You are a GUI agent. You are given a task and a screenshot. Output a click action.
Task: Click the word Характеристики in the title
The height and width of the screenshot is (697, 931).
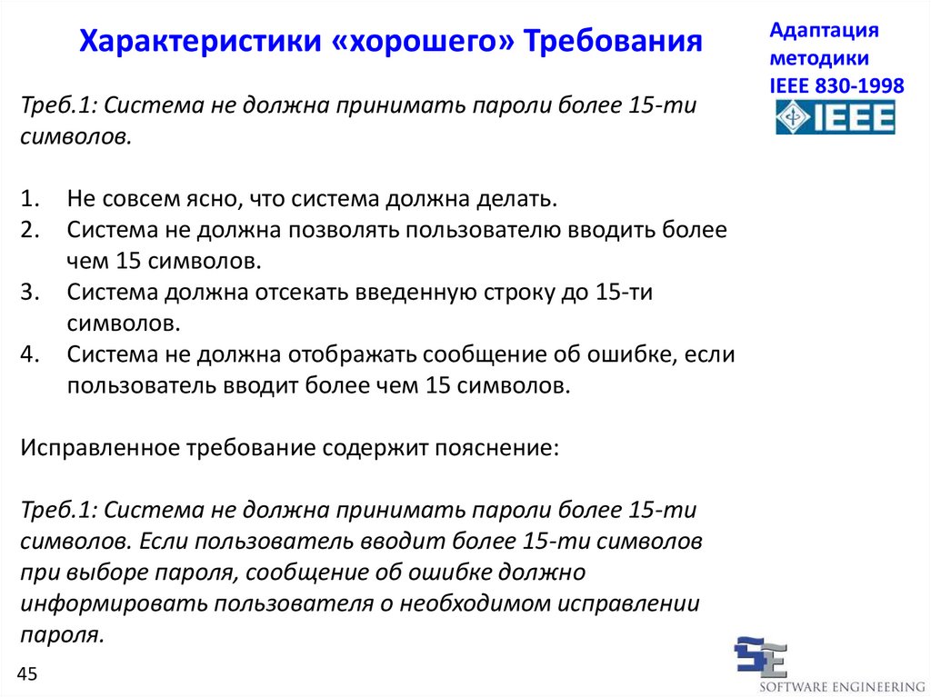(200, 42)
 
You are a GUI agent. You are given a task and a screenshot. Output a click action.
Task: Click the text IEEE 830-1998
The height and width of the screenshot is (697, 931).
(836, 85)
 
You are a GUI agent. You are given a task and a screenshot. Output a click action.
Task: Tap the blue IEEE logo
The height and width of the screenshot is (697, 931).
(836, 117)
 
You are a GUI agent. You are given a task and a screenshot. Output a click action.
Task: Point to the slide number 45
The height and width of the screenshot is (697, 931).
(27, 674)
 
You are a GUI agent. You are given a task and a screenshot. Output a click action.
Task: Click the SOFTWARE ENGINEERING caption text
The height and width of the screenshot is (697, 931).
(842, 688)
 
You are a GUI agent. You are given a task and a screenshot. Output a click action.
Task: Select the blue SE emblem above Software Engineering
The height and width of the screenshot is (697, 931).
(762, 657)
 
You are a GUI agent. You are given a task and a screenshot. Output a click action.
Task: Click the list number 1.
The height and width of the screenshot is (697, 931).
(30, 198)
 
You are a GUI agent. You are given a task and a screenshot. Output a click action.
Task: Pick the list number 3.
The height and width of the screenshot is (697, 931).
(30, 292)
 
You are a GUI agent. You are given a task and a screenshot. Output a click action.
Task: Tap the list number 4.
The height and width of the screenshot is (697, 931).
(30, 354)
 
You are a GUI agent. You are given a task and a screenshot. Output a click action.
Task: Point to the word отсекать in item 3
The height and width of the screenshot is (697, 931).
(302, 292)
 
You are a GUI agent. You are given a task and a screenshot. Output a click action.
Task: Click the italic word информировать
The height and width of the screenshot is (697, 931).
(114, 603)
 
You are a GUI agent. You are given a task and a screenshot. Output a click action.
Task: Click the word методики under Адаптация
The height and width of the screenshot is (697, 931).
(819, 59)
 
